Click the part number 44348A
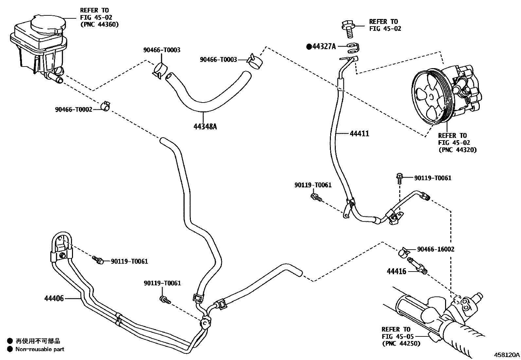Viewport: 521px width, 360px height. click(205, 126)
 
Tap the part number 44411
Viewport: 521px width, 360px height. click(359, 134)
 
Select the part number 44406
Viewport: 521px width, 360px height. click(54, 298)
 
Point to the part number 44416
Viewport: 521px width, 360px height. click(396, 271)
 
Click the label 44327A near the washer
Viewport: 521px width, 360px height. click(324, 47)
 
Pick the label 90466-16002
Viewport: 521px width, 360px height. click(436, 249)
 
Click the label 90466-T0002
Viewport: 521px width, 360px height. click(74, 110)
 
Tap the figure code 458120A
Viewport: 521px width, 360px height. click(507, 354)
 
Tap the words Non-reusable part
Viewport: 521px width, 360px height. click(40, 349)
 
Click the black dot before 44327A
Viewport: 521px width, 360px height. click(309, 47)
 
